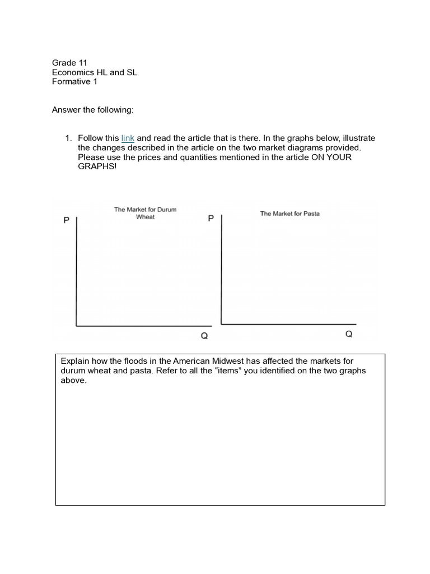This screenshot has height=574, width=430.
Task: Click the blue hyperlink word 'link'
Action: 128,138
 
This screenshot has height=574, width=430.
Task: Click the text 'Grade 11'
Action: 69,63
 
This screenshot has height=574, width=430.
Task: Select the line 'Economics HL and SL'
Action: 94,72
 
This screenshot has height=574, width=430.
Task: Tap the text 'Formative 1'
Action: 74,81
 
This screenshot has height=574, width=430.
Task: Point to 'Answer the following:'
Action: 92,110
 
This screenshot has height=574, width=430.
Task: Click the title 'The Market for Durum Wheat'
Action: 145,213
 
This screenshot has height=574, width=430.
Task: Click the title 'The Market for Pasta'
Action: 289,214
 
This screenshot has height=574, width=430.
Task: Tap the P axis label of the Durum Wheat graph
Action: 66,221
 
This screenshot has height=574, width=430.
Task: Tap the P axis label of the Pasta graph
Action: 211,218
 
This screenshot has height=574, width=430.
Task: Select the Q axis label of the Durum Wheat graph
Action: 204,336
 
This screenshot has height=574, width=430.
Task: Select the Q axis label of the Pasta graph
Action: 349,334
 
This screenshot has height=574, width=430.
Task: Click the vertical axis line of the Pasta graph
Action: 222,269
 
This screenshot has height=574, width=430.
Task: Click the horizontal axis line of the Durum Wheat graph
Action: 143,325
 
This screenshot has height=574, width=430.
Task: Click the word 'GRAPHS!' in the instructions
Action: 97,166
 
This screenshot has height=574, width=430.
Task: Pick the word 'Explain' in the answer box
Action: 74,362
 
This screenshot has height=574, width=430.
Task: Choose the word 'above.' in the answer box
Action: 73,381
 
